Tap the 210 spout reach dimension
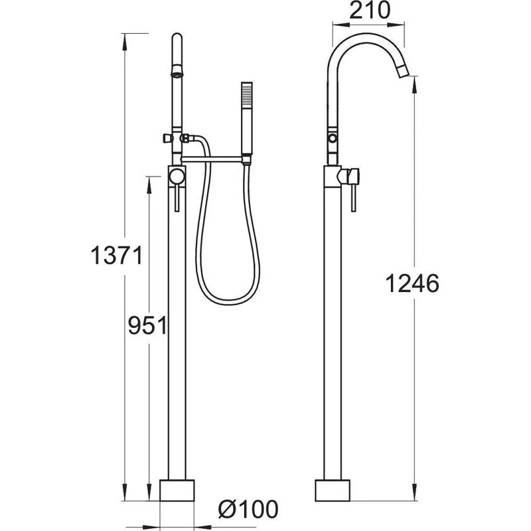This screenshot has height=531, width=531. point(369,11)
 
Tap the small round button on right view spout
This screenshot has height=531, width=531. point(330,139)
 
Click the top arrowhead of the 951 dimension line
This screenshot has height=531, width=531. point(155,178)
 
